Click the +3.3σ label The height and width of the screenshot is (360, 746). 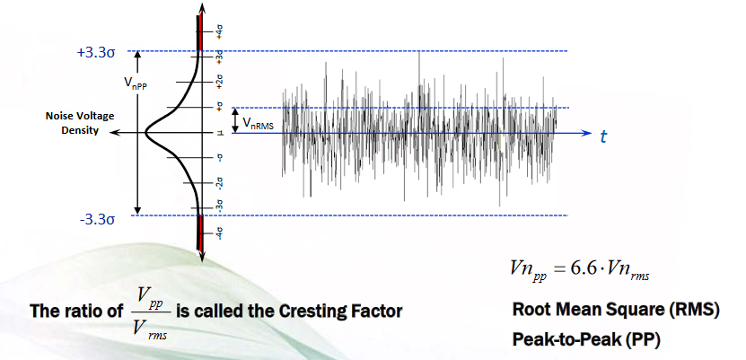point(98,52)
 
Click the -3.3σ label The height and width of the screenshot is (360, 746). point(98,217)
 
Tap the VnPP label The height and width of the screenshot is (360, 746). point(136,80)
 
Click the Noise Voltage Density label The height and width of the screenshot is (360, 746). point(79,123)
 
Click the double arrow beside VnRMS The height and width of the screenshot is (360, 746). point(234,120)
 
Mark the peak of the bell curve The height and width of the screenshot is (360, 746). point(148,133)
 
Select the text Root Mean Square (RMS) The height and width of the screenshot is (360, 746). point(616,311)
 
